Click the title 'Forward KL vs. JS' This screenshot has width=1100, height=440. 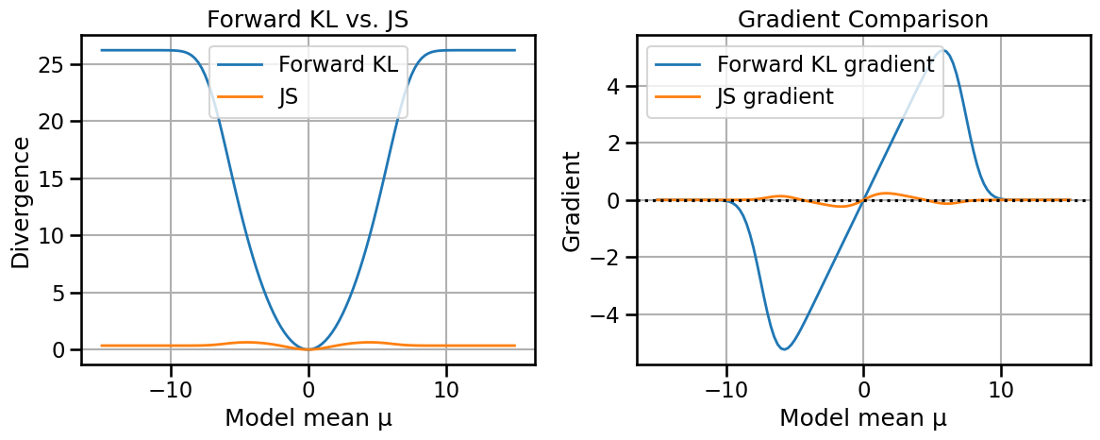308,18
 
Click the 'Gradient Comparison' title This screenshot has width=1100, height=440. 863,18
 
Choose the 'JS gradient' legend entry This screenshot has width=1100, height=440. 775,96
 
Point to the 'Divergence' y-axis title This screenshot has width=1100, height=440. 21,200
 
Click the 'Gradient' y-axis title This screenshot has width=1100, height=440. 571,200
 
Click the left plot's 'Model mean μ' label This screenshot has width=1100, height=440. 308,417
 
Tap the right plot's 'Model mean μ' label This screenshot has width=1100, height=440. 863,417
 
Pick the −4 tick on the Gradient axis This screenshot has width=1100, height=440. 607,314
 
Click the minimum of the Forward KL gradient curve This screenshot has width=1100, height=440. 784,349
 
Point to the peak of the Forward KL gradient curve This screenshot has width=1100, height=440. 942,49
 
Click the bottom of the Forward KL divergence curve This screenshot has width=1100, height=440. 308,349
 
